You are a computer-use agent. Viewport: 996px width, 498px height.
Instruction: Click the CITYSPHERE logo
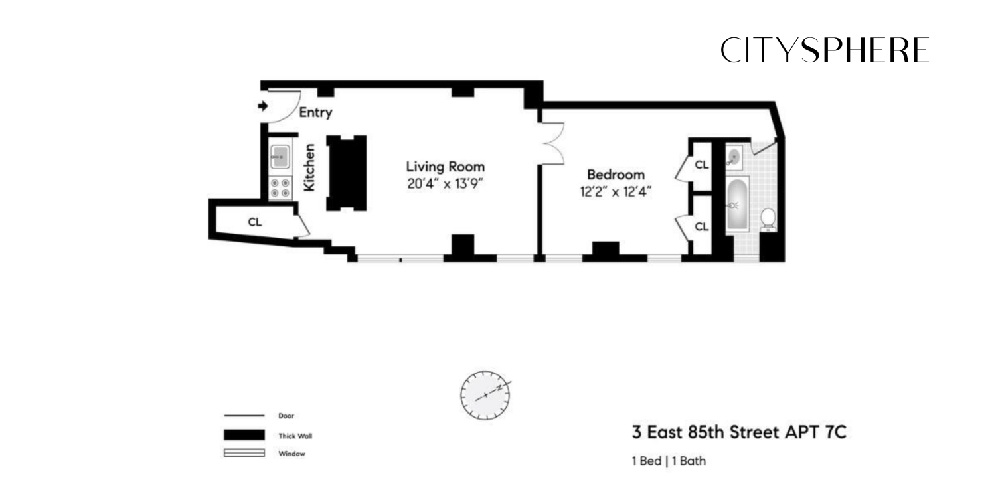tap(825, 50)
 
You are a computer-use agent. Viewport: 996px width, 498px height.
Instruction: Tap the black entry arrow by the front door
tap(263, 106)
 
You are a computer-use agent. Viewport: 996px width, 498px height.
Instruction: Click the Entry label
tap(315, 113)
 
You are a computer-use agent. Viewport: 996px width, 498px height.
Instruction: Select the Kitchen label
tap(309, 168)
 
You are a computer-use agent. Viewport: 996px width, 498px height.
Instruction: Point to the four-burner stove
tap(280, 188)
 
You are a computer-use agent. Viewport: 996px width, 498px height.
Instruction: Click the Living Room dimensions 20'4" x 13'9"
tap(445, 184)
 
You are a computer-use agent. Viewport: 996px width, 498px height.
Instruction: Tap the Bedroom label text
tap(616, 175)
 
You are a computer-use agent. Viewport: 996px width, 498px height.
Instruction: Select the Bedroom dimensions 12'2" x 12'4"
tap(616, 192)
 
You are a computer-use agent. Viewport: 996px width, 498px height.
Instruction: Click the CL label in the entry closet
tap(254, 222)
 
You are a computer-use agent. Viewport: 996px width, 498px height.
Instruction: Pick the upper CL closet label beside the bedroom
tap(701, 164)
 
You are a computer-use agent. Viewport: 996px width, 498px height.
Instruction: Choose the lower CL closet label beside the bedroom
tap(701, 226)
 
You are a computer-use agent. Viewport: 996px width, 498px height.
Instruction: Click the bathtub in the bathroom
tap(736, 204)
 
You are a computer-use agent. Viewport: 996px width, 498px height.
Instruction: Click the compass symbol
tap(485, 396)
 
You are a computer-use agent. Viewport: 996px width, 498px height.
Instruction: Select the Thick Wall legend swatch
tap(244, 436)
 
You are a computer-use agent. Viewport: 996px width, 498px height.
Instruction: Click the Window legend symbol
tap(244, 454)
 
